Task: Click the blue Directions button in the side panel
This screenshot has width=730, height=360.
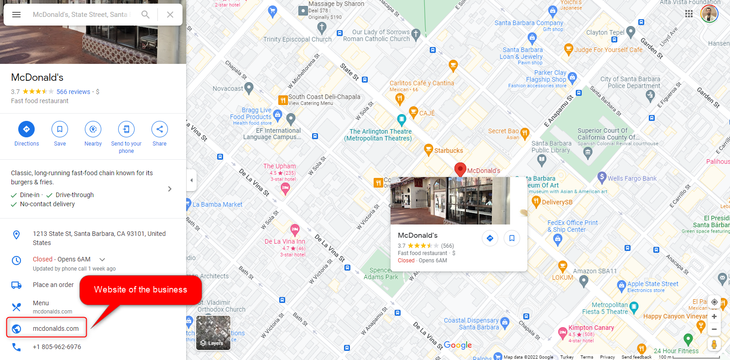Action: coord(26,130)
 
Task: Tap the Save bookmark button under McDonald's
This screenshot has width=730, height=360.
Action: coord(60,130)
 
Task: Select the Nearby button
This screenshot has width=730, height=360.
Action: coord(93,130)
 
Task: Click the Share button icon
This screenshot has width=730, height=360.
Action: coord(159,130)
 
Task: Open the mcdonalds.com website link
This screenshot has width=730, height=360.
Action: coord(56,329)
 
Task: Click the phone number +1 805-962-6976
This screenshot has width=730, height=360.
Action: coord(57,347)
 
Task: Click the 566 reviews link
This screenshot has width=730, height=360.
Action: coord(73,92)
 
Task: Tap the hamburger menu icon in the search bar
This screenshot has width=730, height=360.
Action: coord(16,15)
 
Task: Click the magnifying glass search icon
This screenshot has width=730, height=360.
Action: coord(146,15)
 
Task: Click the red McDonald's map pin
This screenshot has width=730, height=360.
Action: coord(460,169)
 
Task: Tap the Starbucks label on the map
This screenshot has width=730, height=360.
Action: coord(448,151)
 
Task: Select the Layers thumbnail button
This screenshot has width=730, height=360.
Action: coord(213,333)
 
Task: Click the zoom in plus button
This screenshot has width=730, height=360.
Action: coord(714,317)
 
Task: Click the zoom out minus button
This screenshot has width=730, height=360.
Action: coord(714,329)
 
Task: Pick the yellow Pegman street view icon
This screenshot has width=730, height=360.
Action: coord(714,344)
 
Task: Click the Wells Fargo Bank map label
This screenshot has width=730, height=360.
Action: coord(632,178)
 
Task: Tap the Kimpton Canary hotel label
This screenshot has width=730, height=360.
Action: coord(591,328)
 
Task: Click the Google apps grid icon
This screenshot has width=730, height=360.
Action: coord(689,14)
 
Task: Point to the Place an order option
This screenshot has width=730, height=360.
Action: coord(53,285)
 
